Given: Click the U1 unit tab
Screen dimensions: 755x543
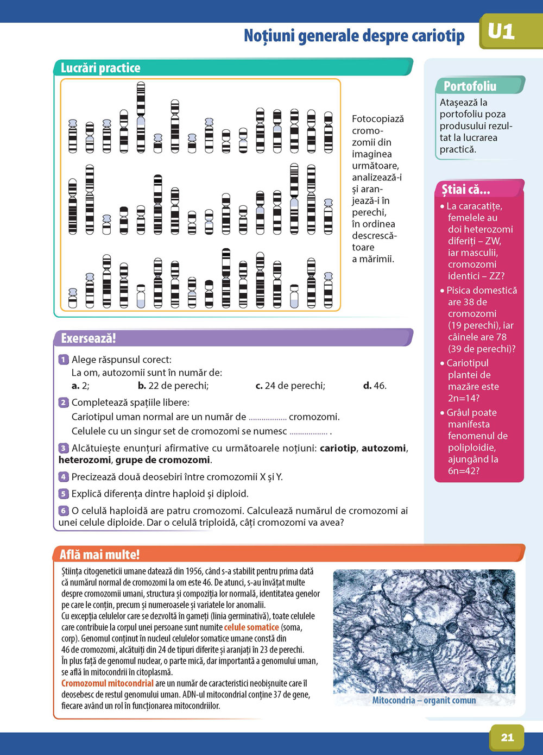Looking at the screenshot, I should pyautogui.click(x=501, y=32).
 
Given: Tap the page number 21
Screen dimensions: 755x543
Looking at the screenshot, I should pyautogui.click(x=507, y=737).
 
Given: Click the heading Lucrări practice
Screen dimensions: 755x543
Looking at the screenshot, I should pyautogui.click(x=100, y=68).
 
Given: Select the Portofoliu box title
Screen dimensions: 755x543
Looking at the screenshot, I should pyautogui.click(x=470, y=86).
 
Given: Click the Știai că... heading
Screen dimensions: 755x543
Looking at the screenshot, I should pyautogui.click(x=465, y=190).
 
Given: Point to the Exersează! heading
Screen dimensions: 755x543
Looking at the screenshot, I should pyautogui.click(x=89, y=338).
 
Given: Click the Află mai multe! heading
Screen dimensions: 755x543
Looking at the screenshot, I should pyautogui.click(x=99, y=555).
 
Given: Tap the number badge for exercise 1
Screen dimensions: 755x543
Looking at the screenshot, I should pyautogui.click(x=64, y=360).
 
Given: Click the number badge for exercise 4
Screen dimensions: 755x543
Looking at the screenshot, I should pyautogui.click(x=64, y=477).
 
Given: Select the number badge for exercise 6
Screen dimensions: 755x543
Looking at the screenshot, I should pyautogui.click(x=64, y=511).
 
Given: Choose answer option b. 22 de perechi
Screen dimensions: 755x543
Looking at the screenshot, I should pyautogui.click(x=173, y=386).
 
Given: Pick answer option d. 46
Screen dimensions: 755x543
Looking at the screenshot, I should pyautogui.click(x=375, y=386).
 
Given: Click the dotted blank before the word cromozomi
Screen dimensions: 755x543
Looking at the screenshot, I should pyautogui.click(x=267, y=418).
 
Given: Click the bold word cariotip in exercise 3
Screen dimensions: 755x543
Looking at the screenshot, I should pyautogui.click(x=338, y=448).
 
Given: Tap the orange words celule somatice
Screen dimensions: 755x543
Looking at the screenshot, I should pyautogui.click(x=251, y=627).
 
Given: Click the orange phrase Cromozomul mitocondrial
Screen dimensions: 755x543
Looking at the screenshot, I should pyautogui.click(x=108, y=683).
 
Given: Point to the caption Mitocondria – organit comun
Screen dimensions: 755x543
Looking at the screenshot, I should pyautogui.click(x=424, y=700).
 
